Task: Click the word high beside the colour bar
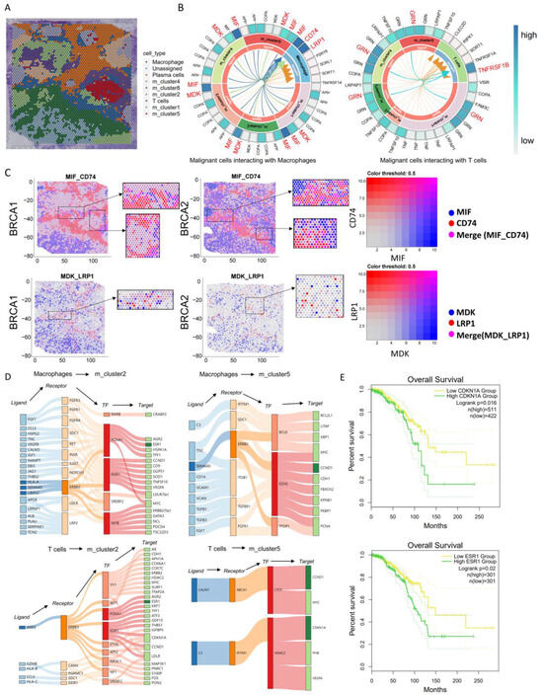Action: pos(526,17)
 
